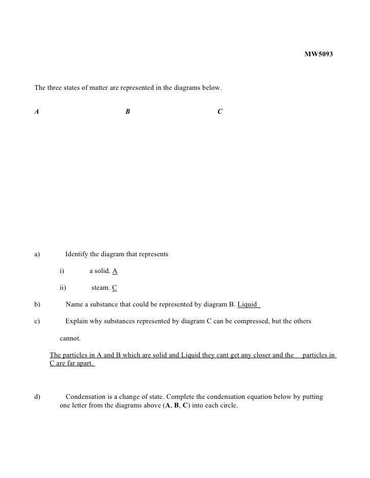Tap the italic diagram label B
pyautogui.click(x=128, y=112)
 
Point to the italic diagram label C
pyautogui.click(x=219, y=112)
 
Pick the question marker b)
pyautogui.click(x=37, y=304)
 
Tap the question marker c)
pyautogui.click(x=37, y=321)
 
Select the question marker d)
pyautogui.click(x=37, y=397)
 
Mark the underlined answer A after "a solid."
pyautogui.click(x=115, y=271)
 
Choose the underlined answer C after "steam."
pyautogui.click(x=114, y=288)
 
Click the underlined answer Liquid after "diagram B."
pyautogui.click(x=248, y=304)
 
